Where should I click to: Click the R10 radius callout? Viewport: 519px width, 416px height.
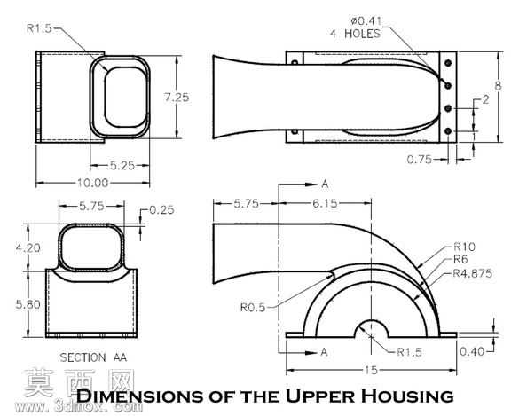click(464, 247)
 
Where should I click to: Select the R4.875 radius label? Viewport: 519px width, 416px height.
click(472, 273)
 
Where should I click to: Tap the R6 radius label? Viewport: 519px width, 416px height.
click(460, 260)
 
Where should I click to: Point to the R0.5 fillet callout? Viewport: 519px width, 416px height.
click(253, 308)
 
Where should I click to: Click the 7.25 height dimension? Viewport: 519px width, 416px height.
click(177, 98)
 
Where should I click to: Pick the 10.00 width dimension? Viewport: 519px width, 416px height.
click(92, 183)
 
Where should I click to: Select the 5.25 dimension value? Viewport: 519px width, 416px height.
click(122, 165)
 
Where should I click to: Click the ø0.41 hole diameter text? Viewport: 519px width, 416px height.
click(366, 21)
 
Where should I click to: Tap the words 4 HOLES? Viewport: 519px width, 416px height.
click(355, 34)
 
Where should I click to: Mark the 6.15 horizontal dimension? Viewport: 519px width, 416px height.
click(325, 203)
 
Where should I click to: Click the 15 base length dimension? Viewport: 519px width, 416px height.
click(371, 370)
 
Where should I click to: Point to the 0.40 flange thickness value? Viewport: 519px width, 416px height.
click(472, 351)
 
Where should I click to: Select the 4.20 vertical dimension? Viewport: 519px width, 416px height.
click(28, 247)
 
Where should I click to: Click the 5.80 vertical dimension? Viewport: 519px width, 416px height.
click(28, 304)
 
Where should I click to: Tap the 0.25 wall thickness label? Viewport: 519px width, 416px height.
click(161, 210)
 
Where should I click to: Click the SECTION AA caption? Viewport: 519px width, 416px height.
click(93, 357)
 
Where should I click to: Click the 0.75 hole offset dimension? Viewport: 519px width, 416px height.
click(420, 160)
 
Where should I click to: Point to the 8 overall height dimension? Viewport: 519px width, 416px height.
click(498, 86)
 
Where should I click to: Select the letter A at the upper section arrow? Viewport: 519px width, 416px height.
click(325, 184)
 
